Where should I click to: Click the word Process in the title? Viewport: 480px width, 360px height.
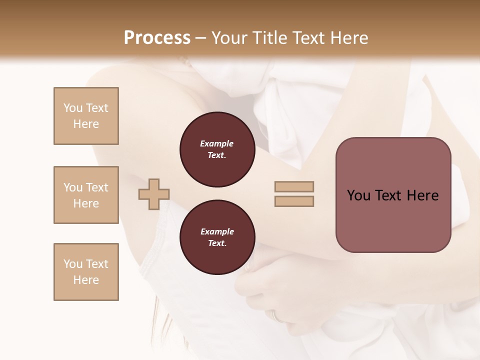[157, 38]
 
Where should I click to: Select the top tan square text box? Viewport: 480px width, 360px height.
[86, 116]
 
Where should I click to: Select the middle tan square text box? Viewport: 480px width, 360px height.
[86, 195]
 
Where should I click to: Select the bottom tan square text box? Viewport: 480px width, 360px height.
[86, 272]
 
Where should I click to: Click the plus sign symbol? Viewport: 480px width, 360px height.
[154, 194]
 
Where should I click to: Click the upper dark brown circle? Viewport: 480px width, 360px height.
[217, 149]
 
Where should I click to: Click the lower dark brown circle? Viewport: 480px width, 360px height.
[217, 237]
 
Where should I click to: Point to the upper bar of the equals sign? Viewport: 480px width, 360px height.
[294, 187]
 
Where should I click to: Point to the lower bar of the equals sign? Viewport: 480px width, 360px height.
[294, 201]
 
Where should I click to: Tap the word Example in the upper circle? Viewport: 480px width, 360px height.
[217, 143]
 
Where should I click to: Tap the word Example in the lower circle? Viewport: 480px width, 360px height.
[217, 231]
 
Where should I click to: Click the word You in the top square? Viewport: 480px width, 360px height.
[72, 108]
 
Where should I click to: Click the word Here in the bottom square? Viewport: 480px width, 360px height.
[86, 280]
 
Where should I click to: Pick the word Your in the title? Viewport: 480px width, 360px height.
[229, 38]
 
